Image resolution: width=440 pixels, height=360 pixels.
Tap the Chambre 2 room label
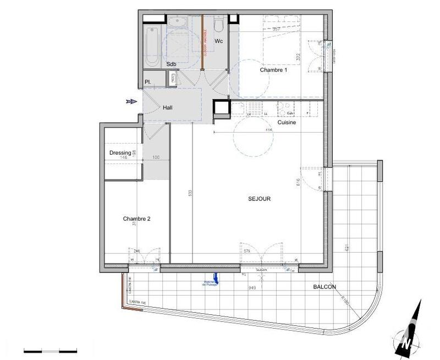point(136,219)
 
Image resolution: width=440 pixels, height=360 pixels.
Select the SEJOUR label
point(259,199)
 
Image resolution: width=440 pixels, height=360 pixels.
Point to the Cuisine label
point(287,123)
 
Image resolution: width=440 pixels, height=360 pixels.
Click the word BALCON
point(325,287)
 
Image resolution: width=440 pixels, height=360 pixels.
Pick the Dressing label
point(120,153)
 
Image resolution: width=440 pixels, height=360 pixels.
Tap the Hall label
point(168,108)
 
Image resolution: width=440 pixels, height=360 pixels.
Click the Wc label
point(218,41)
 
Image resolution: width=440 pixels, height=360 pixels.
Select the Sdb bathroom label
point(172,64)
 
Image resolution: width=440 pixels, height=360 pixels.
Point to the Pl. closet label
point(148,82)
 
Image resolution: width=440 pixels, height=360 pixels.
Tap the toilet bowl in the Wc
point(218,25)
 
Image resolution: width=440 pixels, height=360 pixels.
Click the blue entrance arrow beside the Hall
point(130,101)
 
